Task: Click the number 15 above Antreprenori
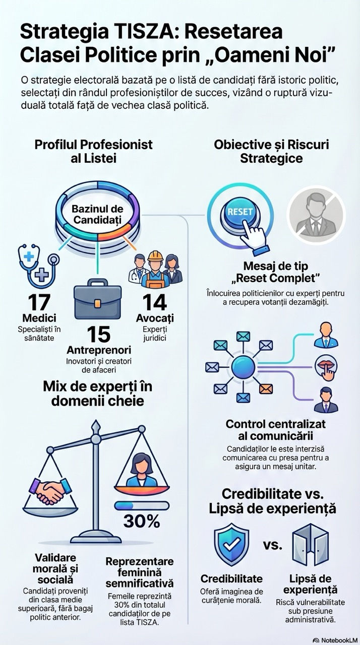98,334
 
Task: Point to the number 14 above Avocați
154,302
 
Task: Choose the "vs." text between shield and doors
272,545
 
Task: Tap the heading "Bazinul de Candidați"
98,214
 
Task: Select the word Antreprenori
98,349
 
